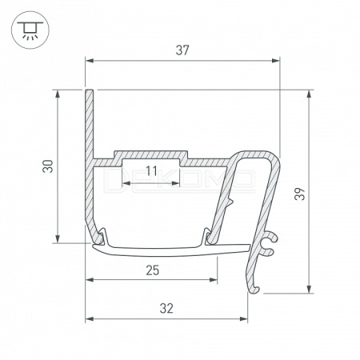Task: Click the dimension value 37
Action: (182, 50)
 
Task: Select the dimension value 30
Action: (48, 166)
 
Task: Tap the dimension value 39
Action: (300, 194)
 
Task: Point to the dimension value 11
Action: (152, 171)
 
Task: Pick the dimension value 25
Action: (153, 270)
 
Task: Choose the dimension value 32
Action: (166, 309)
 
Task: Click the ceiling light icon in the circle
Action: (30, 30)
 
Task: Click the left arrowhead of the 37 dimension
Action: (90, 61)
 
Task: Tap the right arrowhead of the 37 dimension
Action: (276, 61)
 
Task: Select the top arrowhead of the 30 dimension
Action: (58, 94)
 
